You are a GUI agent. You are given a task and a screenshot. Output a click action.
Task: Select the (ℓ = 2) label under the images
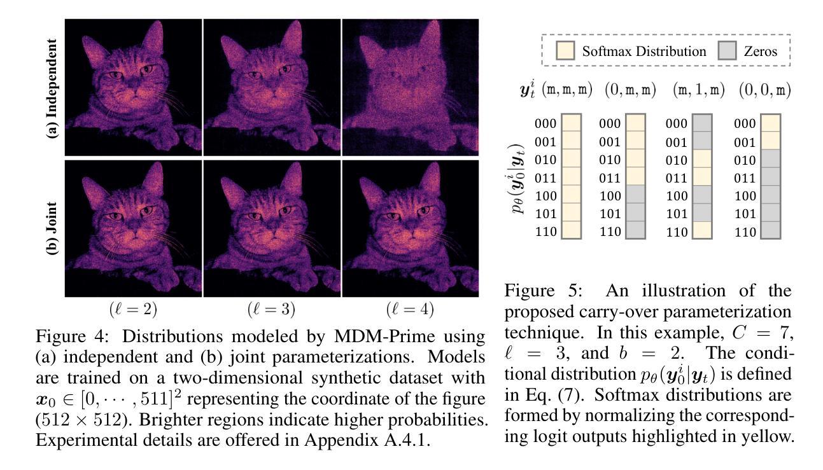click(x=134, y=310)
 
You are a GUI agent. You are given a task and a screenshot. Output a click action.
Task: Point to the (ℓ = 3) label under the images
click(x=272, y=310)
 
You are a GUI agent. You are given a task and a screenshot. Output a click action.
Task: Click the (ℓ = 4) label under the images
click(x=411, y=310)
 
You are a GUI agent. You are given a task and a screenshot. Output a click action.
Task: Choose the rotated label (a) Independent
click(x=54, y=88)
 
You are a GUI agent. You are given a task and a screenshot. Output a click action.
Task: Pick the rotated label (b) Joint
click(x=54, y=228)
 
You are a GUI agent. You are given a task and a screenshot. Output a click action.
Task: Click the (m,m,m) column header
click(x=568, y=90)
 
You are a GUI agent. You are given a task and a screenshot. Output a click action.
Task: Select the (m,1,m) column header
click(x=699, y=90)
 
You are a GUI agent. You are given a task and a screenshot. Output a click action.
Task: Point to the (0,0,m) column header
click(x=764, y=90)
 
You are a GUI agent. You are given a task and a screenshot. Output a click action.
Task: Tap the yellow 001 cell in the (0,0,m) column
click(x=770, y=141)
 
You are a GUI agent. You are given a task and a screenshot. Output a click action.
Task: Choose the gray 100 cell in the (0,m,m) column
click(x=635, y=195)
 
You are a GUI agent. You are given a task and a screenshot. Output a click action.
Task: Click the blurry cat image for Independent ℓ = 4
click(x=411, y=87)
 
